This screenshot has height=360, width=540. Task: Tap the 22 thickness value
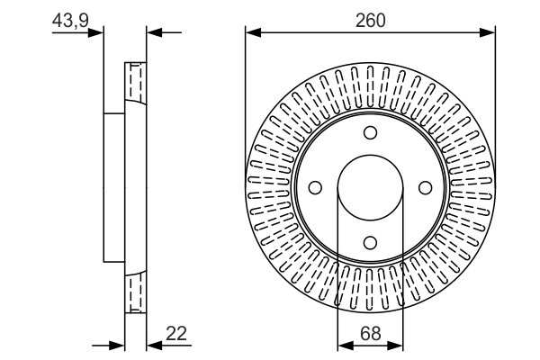pyautogui.click(x=176, y=333)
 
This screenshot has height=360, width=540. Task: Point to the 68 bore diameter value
pyautogui.click(x=370, y=333)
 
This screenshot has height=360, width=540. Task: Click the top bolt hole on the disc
pyautogui.click(x=370, y=133)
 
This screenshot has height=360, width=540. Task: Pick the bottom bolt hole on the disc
pyautogui.click(x=370, y=242)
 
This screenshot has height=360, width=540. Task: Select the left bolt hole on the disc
pyautogui.click(x=315, y=187)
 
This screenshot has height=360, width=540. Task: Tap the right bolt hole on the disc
pyautogui.click(x=425, y=187)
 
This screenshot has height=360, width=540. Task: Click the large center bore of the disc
pyautogui.click(x=370, y=187)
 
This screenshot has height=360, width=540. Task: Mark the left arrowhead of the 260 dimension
pyautogui.click(x=252, y=33)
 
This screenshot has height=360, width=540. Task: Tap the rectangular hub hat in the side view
pyautogui.click(x=114, y=187)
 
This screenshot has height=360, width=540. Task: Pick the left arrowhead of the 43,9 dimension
pyautogui.click(x=98, y=33)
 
